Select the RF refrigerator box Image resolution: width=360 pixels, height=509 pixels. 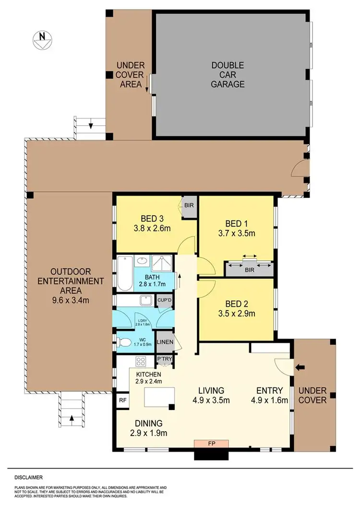pos(121,399)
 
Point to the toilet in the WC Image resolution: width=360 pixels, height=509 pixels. pos(125,342)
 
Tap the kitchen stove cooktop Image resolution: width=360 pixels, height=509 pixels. pos(142,362)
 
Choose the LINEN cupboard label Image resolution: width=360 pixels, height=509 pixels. pos(165,342)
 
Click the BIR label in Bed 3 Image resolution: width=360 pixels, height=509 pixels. pos(188,205)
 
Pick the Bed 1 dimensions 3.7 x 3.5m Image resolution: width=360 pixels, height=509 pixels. pos(240,234)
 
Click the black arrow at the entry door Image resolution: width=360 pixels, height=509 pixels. pos(300,368)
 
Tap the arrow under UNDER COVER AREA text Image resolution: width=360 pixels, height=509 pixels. pos(145,85)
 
